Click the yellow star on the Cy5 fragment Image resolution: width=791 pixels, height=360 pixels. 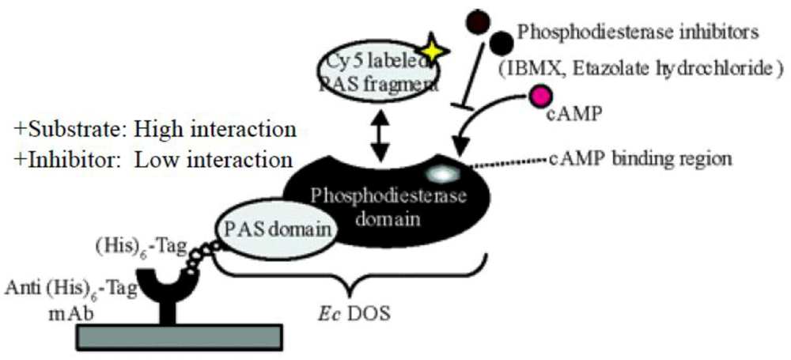pyautogui.click(x=434, y=51)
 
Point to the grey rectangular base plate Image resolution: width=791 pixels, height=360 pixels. pyautogui.click(x=193, y=337)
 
